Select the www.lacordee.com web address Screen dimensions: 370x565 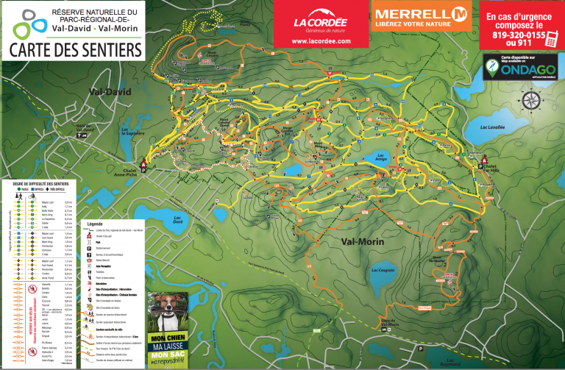320,41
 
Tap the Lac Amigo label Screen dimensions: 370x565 381,157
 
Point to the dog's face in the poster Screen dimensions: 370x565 167,308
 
